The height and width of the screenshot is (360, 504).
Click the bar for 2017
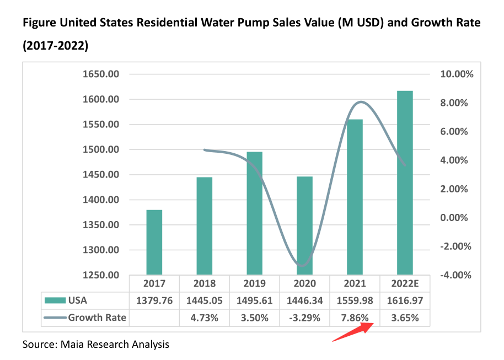pos(154,242)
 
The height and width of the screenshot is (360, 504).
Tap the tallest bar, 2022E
pos(405,182)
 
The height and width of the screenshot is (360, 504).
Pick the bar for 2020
pos(304,225)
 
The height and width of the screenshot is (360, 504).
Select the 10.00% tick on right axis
pos(454,74)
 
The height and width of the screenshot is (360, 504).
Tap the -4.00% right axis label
pos(454,275)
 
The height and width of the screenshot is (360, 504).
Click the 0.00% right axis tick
pos(455,218)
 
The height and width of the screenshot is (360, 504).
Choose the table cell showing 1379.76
pos(154,300)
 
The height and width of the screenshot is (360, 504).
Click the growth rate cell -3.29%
pos(304,318)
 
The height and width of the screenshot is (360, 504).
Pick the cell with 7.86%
pos(355,318)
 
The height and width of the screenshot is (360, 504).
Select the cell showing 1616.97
pos(405,300)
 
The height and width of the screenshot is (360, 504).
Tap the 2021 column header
pos(355,283)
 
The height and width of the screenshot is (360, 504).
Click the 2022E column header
pos(405,283)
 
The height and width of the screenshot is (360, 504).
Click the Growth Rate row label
pos(97,318)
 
